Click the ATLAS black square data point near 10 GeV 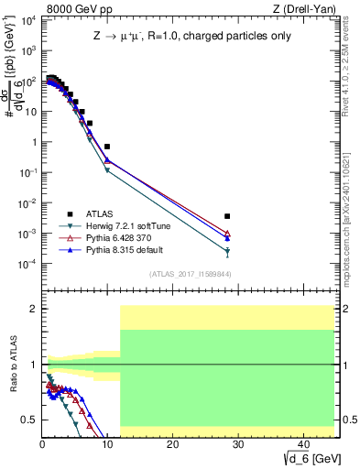[107, 147]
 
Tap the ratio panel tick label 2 [32, 309]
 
